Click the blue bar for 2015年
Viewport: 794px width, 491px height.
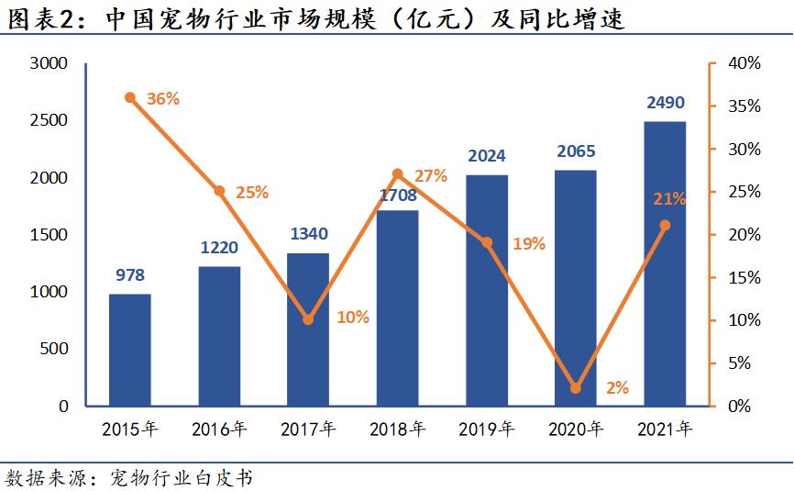[x=130, y=350]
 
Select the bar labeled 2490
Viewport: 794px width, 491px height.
[x=666, y=263]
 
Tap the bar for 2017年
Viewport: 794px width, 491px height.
[x=308, y=329]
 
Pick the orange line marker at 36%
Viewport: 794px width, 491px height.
[x=130, y=97]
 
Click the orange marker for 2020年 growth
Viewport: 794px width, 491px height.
[x=576, y=388]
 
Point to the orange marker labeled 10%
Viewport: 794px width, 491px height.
[x=308, y=319]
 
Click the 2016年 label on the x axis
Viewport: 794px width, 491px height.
[x=220, y=429]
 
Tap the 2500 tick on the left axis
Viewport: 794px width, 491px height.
[x=50, y=121]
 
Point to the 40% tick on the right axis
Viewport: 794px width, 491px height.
[x=744, y=63]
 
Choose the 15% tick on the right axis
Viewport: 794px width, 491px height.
[x=744, y=277]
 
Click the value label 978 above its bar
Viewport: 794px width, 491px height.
[x=130, y=274]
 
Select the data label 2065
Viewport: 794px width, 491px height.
[x=576, y=151]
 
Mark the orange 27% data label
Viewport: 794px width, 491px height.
[x=431, y=175]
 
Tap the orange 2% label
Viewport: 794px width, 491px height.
[x=617, y=388]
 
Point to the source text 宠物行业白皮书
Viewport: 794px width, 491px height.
[x=181, y=477]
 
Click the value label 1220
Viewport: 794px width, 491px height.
[x=220, y=247]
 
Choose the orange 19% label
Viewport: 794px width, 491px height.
[x=529, y=244]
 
